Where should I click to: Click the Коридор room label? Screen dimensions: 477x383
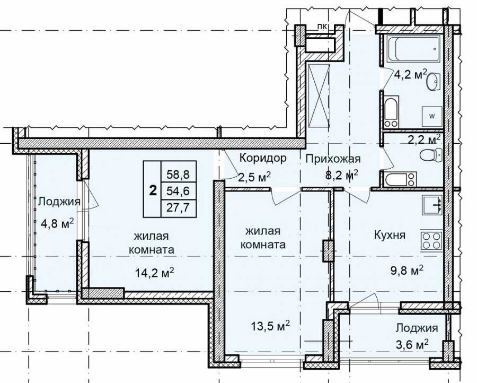point(263,158)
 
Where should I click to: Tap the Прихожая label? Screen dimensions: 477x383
point(333,159)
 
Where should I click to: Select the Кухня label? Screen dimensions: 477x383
point(390,235)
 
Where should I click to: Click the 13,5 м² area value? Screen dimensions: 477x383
point(270,326)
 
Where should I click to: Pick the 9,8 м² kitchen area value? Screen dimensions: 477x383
point(407,269)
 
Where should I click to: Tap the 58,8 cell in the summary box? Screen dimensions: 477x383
point(178,175)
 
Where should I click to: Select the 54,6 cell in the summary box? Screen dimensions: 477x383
point(178,191)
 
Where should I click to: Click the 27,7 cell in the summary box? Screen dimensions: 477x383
point(178,207)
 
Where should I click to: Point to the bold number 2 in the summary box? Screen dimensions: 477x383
point(153,190)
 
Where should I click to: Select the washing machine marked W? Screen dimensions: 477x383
point(432,116)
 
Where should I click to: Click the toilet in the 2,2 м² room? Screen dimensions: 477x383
point(431,155)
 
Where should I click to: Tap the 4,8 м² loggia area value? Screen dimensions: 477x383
point(57,224)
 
